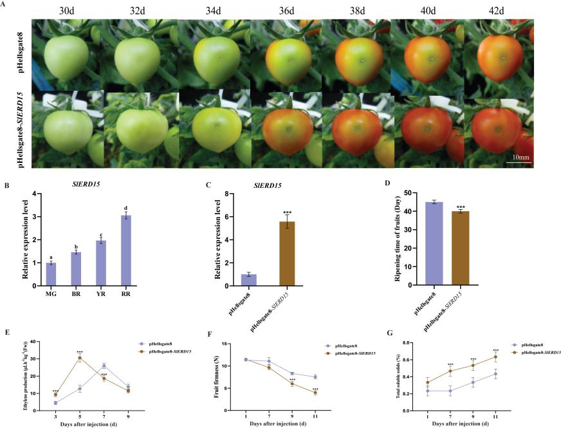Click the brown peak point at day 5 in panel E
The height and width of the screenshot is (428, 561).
tap(79, 358)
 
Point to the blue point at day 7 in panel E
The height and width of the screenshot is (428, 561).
tap(104, 366)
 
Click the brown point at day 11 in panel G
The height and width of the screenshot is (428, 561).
tap(495, 357)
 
